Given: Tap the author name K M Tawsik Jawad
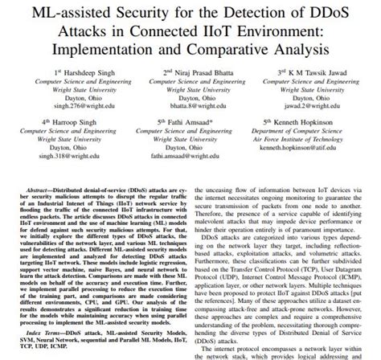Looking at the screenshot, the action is (x=322, y=72).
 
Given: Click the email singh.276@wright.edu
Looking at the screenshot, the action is (x=73, y=104).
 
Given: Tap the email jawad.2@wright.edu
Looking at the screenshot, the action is (x=316, y=104).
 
